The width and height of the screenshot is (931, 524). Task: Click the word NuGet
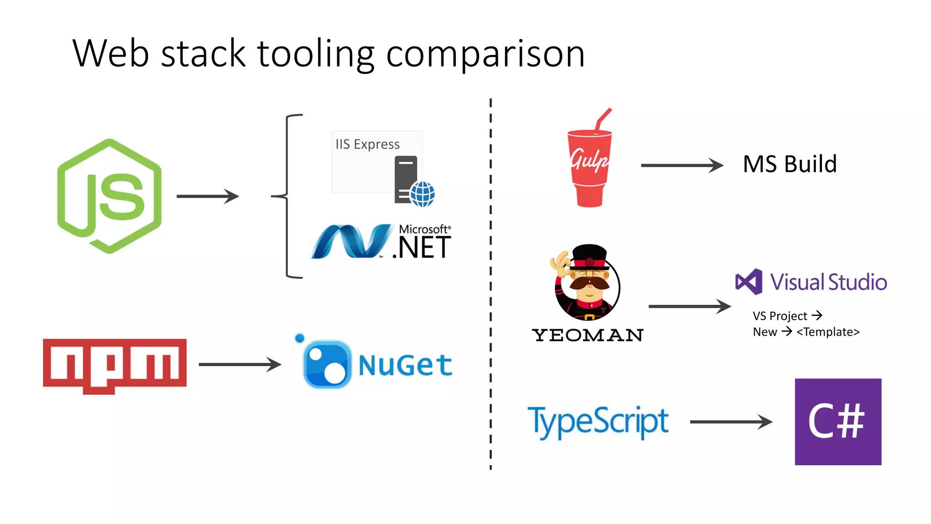point(405,365)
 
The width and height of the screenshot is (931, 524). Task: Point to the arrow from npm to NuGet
point(240,364)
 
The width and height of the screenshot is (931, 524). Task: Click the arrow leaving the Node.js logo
point(207,196)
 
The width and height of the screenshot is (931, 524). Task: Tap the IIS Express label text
point(367,144)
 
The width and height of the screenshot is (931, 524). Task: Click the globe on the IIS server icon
point(422,194)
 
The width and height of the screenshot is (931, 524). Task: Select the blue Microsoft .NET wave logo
point(351,242)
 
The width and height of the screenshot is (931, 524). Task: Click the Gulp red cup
point(589,168)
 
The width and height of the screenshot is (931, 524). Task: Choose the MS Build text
point(790,164)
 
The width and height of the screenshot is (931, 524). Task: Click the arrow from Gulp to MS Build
point(681,165)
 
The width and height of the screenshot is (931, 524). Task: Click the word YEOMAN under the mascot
point(588,335)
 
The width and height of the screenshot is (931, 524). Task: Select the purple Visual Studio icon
point(749,282)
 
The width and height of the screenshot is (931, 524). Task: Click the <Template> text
point(828,332)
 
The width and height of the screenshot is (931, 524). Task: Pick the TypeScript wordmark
point(598,422)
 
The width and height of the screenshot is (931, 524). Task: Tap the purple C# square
point(838,422)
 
